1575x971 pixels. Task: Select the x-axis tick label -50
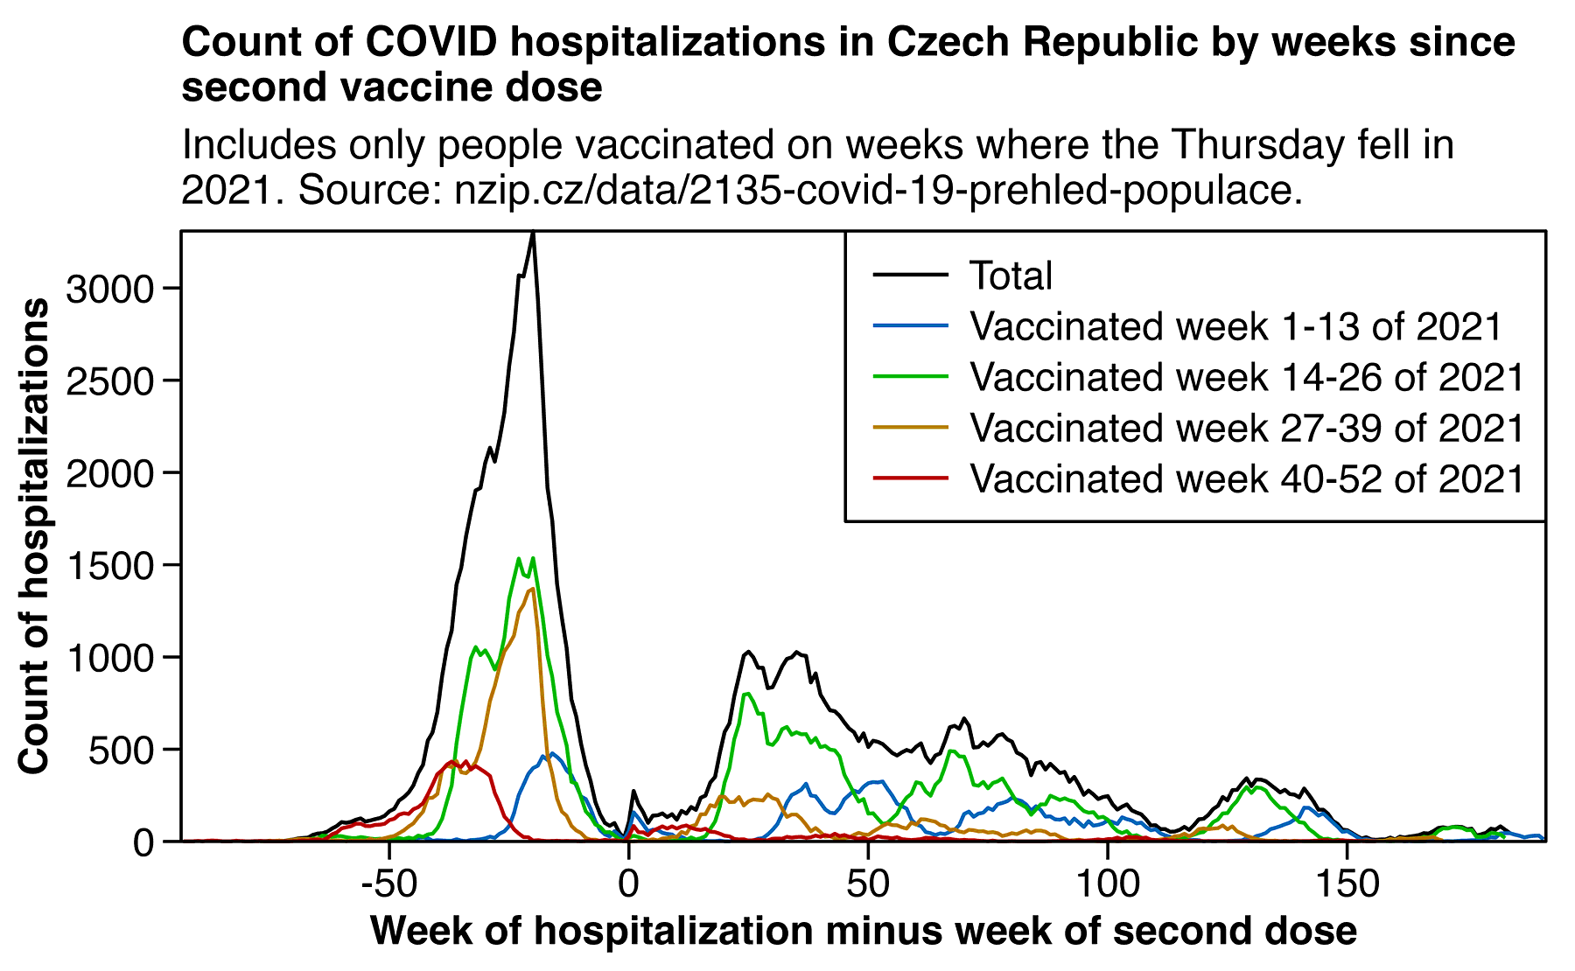(x=388, y=884)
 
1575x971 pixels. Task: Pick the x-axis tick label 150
(x=1347, y=884)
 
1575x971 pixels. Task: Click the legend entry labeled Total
(x=1011, y=276)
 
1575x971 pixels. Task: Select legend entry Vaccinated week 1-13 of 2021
(x=1235, y=326)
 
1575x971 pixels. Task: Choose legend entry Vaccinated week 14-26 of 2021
(x=1247, y=377)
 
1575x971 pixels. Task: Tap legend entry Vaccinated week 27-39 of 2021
(x=1247, y=428)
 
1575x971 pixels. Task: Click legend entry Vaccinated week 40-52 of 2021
(x=1247, y=479)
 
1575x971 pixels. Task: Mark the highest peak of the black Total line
(x=533, y=234)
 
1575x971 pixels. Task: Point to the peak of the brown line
(x=532, y=590)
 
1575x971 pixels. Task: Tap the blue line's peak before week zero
(x=551, y=753)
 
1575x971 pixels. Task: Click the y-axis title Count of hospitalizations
(x=35, y=535)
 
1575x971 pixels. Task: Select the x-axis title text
(x=863, y=931)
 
